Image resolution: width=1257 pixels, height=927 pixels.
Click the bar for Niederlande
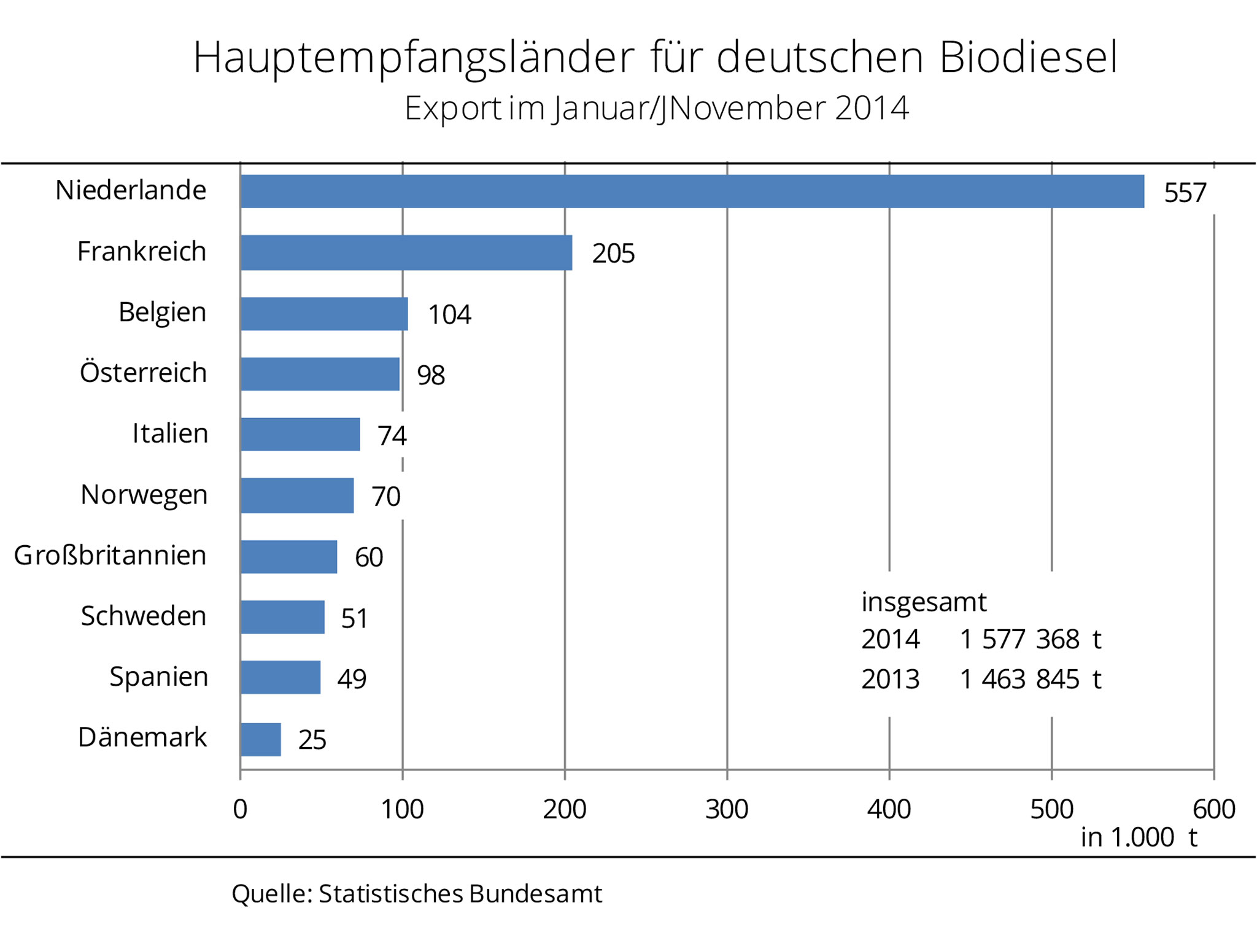point(692,192)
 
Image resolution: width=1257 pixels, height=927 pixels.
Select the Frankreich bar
point(406,252)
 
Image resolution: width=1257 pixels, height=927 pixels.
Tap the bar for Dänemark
point(261,739)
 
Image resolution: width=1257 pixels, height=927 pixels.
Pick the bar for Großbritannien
point(289,557)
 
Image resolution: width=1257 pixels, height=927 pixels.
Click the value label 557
point(1185,193)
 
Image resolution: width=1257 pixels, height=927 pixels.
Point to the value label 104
point(449,314)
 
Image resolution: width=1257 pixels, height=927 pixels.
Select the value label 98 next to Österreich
point(431,375)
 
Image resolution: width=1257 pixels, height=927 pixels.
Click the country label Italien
point(170,433)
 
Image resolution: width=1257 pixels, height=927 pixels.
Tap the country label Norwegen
point(144,495)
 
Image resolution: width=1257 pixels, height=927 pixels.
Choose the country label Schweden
point(144,616)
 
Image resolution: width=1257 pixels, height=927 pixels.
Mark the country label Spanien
point(159,677)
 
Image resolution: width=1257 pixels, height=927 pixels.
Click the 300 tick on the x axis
point(727,809)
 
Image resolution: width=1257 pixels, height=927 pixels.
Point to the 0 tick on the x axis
point(240,809)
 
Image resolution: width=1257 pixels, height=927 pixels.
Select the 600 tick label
point(1213,809)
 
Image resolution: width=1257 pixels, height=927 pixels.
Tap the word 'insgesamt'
point(924,602)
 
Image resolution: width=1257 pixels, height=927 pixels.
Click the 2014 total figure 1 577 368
point(1019,639)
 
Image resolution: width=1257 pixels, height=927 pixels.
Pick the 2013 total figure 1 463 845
point(1019,679)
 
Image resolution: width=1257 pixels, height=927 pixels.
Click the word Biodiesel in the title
point(1028,57)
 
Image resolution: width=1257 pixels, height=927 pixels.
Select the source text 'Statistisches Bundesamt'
point(460,894)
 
